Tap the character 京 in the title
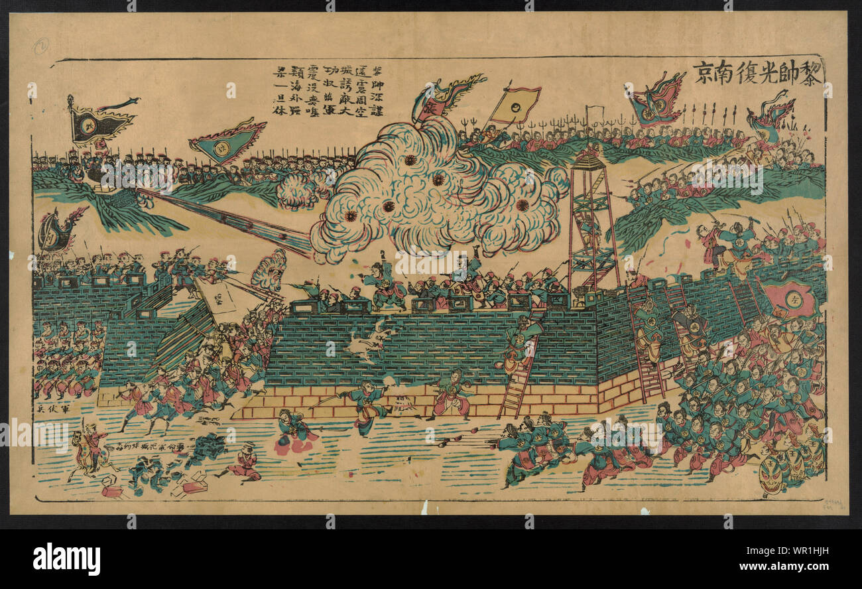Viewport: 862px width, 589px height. (704, 71)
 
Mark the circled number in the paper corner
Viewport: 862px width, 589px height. (42, 45)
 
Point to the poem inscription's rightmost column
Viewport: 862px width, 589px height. (377, 90)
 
